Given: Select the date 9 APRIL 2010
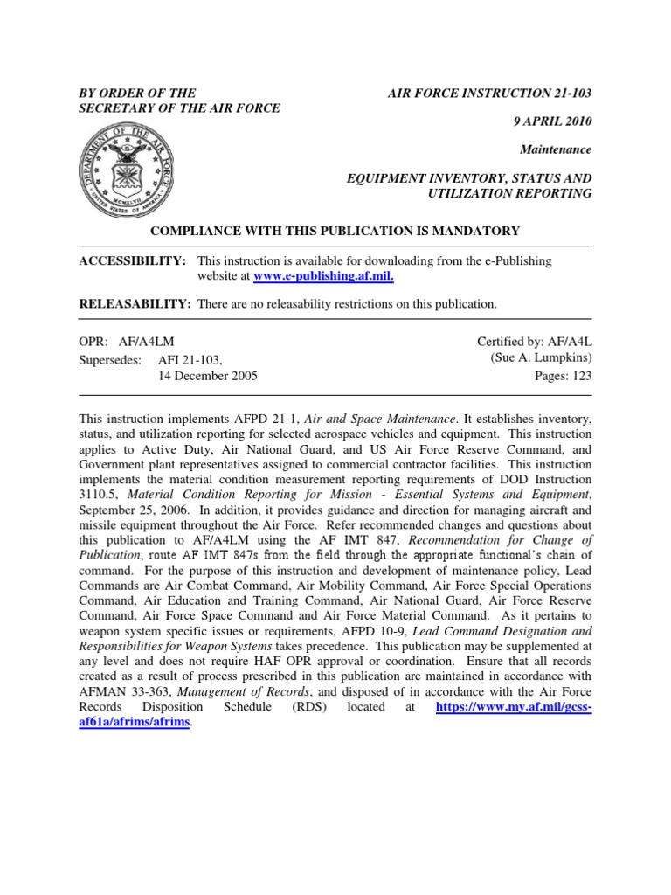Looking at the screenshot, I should tap(547, 121).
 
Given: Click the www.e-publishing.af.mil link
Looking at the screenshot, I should tap(323, 276).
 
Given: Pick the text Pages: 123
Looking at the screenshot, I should tap(562, 376).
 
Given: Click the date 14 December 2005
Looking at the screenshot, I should tap(208, 376).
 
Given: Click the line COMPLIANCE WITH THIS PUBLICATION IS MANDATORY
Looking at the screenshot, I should tap(335, 231).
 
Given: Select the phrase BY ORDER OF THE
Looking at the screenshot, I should tap(138, 93).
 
